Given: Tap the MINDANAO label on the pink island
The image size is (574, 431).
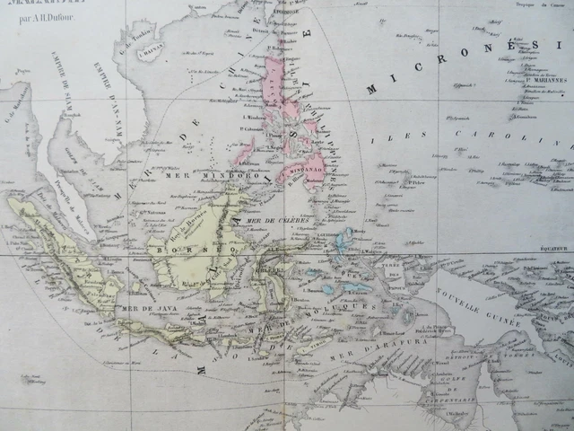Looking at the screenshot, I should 306,167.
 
